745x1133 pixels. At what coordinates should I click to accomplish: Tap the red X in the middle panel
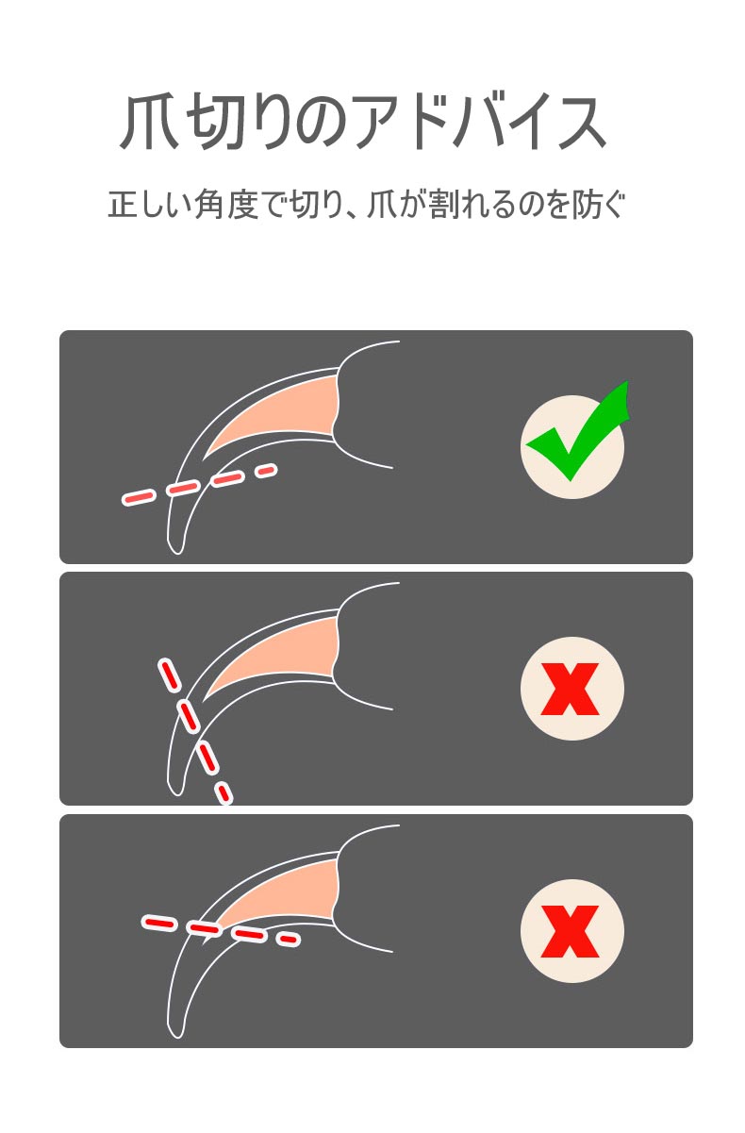coord(570,689)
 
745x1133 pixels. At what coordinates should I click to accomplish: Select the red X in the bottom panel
coord(570,931)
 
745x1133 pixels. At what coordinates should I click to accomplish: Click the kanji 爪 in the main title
coord(150,123)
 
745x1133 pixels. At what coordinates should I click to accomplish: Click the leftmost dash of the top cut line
coord(138,498)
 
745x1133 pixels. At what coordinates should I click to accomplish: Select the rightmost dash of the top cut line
coord(266,471)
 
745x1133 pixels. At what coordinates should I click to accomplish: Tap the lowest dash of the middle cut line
coord(224,793)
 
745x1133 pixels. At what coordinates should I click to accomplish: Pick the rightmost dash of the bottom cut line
coord(288,939)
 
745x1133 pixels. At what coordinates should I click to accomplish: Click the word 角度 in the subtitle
coord(226,205)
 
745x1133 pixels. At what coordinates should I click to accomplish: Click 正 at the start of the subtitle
coord(123,205)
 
